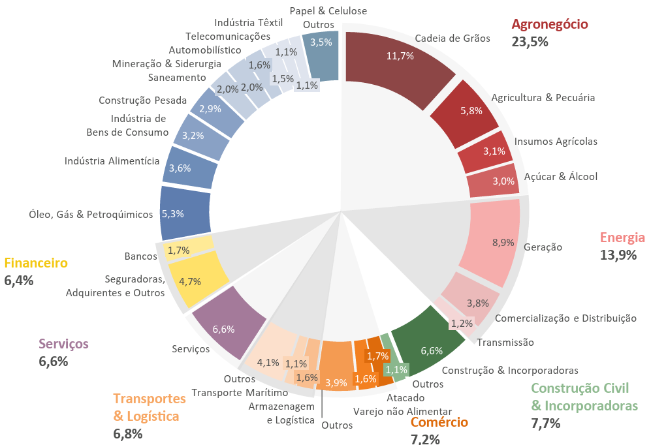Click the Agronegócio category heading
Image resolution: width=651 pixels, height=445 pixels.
(x=550, y=25)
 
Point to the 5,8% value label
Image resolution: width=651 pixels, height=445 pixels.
(x=471, y=110)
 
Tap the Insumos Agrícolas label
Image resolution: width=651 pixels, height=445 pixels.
(x=556, y=141)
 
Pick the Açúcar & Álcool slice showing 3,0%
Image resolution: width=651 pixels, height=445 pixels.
(x=494, y=182)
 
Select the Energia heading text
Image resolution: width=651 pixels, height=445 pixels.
(x=622, y=238)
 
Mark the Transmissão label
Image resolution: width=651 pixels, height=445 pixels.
(x=505, y=342)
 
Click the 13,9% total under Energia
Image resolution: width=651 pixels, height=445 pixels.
(x=618, y=255)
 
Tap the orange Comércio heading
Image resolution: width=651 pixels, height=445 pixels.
(x=439, y=422)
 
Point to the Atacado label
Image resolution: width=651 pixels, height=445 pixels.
(x=405, y=397)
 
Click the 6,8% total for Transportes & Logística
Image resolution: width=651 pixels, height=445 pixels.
(x=128, y=434)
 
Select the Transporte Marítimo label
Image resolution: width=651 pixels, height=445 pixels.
(x=240, y=393)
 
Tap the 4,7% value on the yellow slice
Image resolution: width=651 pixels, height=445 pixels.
(x=189, y=282)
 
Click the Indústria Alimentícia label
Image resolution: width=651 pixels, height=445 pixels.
(x=112, y=161)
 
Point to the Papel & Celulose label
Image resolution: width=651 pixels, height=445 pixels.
(x=328, y=10)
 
